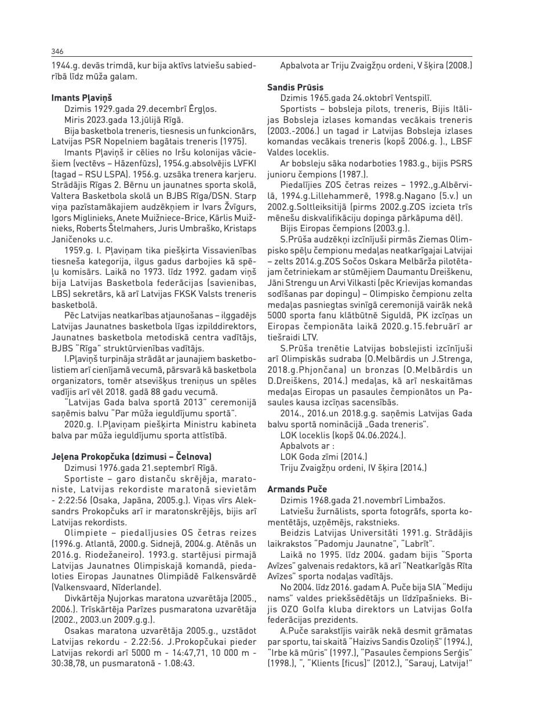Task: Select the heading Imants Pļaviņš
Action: coord(82,97)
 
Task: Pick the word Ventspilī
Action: coord(413,97)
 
